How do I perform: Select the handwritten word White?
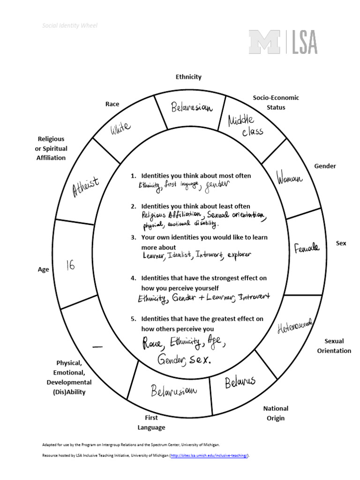coord(120,127)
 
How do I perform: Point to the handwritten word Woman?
coord(290,179)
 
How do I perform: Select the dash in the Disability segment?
coord(98,346)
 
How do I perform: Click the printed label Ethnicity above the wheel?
coord(188,76)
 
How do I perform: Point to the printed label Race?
coord(112,104)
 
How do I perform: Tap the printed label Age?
coord(43,270)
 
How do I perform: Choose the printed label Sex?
coord(341,243)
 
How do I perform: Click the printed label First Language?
coord(151,422)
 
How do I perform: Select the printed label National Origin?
coord(276,413)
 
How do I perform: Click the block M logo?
coord(265,42)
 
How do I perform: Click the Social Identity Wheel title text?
coord(70,26)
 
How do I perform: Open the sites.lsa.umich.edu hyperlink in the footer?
coord(209,456)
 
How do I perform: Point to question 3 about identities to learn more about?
coord(204,242)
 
